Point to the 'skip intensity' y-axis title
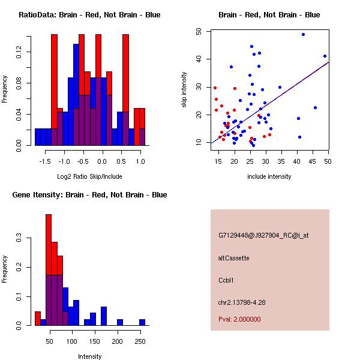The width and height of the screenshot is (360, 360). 185,90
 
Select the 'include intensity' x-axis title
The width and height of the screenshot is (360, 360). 269,176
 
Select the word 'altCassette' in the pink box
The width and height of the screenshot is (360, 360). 234,258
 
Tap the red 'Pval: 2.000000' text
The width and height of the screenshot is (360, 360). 239,320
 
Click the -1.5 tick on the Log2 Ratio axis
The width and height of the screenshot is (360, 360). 44,161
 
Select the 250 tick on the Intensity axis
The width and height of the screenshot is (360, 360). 140,341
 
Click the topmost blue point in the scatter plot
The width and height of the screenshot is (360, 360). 303,34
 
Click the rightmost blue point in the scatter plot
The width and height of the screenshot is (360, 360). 325,56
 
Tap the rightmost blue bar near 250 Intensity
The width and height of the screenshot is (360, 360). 142,322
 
